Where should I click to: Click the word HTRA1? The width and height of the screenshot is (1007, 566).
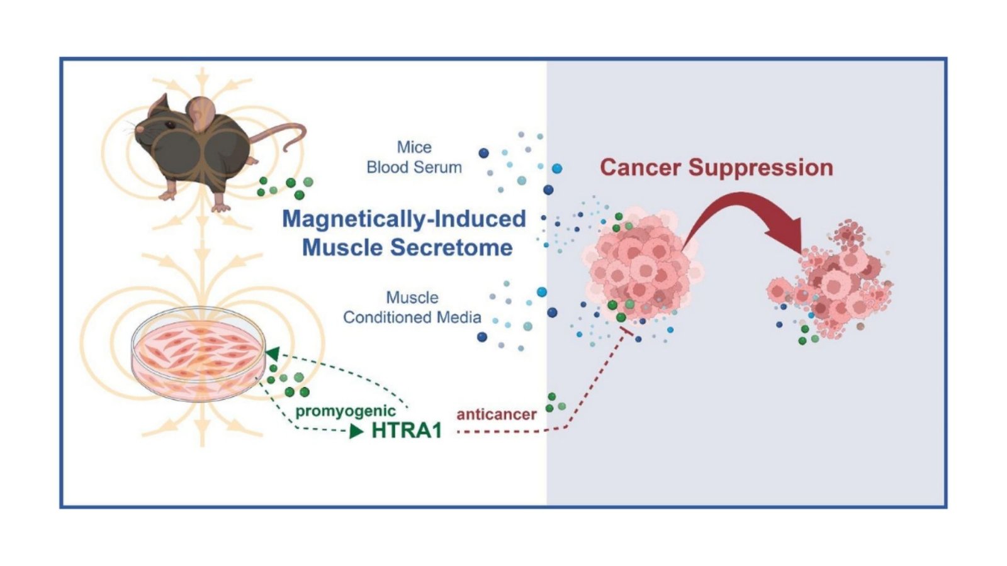[407, 430]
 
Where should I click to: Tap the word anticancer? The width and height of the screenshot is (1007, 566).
[497, 414]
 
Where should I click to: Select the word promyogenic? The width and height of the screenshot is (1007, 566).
[346, 411]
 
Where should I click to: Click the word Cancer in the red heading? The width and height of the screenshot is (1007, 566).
[640, 167]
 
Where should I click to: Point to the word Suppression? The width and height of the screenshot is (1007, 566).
[761, 167]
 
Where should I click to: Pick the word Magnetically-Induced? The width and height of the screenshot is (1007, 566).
[404, 219]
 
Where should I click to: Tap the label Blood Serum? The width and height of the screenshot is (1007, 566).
[414, 167]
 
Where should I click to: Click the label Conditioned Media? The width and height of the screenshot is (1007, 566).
[412, 318]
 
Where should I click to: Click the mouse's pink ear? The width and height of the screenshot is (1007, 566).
[200, 114]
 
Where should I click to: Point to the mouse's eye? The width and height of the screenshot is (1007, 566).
[169, 125]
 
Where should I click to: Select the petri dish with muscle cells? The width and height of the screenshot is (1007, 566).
[198, 353]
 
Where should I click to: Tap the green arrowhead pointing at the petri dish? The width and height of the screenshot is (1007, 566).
[273, 353]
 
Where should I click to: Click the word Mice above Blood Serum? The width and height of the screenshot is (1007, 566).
[414, 147]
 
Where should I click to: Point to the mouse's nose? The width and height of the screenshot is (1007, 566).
[139, 130]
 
